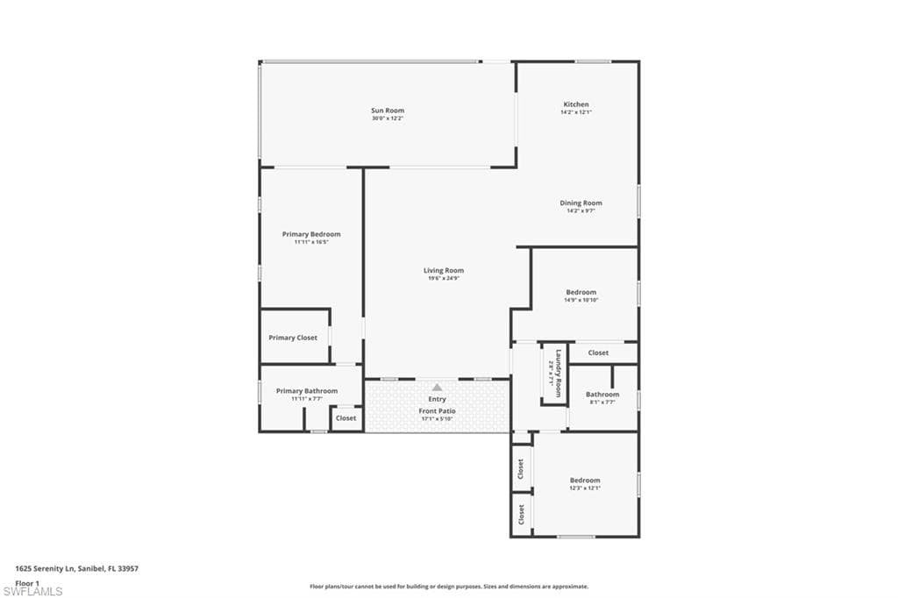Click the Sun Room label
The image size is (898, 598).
click(x=387, y=110)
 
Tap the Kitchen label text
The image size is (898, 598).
click(x=576, y=104)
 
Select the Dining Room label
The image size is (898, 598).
click(x=581, y=203)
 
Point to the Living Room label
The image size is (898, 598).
click(x=443, y=270)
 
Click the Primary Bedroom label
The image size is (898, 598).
click(x=311, y=234)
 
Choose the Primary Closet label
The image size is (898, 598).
click(x=294, y=338)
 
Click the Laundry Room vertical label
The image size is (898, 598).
click(x=556, y=369)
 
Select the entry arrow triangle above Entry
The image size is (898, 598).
click(x=437, y=387)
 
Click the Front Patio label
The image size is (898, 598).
click(x=437, y=410)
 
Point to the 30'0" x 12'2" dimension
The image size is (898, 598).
click(x=387, y=118)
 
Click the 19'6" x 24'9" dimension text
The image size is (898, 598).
click(x=443, y=278)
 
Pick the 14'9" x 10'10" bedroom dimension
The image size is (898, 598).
click(x=581, y=300)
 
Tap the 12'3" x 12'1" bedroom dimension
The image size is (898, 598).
click(x=585, y=488)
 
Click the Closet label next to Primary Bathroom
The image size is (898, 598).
click(x=346, y=418)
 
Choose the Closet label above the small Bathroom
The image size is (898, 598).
click(x=598, y=352)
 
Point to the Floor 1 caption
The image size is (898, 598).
click(x=28, y=582)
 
